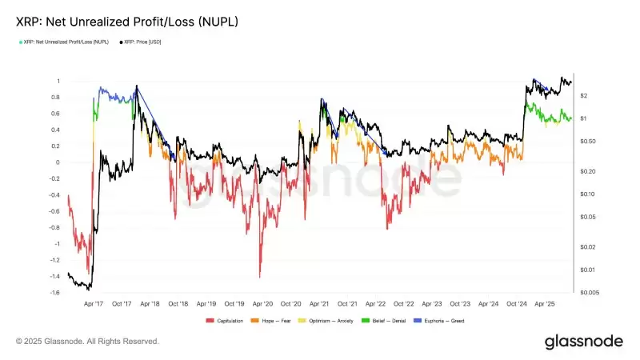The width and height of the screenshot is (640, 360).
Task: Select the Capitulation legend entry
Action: (227, 321)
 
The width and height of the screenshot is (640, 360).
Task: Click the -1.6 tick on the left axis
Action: (54, 293)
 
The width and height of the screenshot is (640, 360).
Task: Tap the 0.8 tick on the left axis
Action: (56, 98)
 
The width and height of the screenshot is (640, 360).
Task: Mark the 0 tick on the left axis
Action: (58, 162)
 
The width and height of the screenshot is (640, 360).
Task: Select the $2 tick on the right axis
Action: (585, 95)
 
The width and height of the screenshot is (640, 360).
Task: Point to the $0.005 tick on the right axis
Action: (590, 293)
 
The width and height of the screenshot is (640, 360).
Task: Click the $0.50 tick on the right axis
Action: (588, 141)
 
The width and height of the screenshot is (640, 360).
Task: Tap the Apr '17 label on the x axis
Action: (93, 304)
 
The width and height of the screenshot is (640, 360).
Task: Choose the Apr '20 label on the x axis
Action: (262, 304)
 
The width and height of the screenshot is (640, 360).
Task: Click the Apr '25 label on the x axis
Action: (546, 304)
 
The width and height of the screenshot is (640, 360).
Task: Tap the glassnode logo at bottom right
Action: (583, 342)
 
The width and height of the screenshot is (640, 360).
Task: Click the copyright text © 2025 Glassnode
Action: (87, 342)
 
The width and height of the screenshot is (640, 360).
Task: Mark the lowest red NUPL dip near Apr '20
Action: (260, 277)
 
